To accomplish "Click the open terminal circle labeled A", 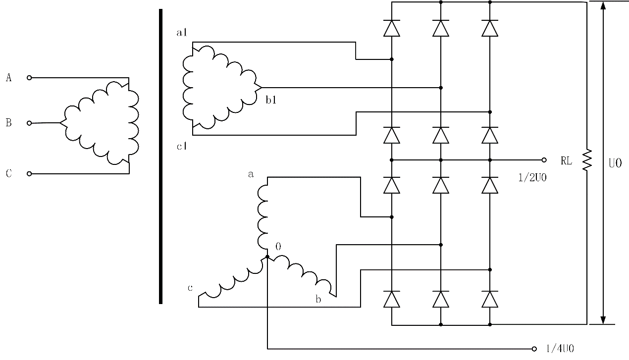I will [x=29, y=78].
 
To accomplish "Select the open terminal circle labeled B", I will [x=29, y=123].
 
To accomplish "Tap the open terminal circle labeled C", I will [x=29, y=174].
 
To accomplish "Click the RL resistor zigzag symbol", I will [x=587, y=160].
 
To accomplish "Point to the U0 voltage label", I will [x=615, y=163].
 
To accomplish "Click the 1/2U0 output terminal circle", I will [x=544, y=160].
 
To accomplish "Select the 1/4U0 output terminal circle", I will [x=534, y=349].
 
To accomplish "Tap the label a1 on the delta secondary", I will [x=181, y=33].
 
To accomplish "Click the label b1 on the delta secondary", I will [x=271, y=100].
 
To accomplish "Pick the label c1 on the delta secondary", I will [x=181, y=147].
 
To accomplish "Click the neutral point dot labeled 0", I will [x=267, y=257].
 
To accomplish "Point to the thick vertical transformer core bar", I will [x=160, y=155].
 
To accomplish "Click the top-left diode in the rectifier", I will [x=392, y=28].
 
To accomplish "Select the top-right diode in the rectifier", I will [x=490, y=28].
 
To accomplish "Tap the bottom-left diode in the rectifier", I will [x=392, y=299].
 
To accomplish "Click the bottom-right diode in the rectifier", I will [x=490, y=299].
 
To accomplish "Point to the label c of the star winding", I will [x=190, y=288].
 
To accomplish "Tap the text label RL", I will [x=566, y=160].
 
